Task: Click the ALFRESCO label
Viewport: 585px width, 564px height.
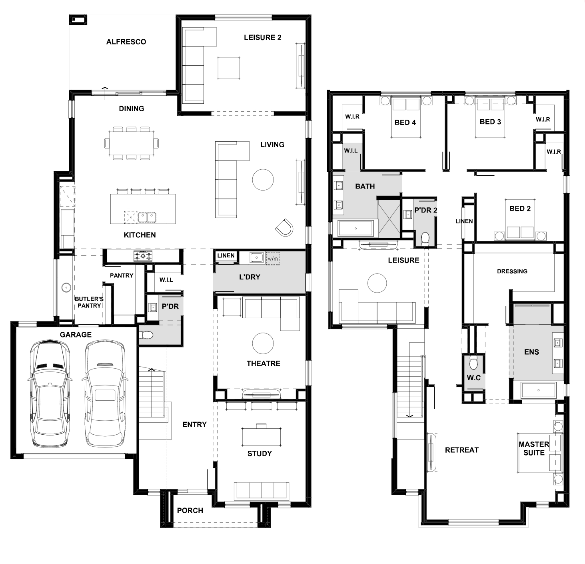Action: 126,42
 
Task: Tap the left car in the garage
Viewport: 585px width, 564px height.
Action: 50,395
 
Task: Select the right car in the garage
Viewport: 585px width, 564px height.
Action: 105,395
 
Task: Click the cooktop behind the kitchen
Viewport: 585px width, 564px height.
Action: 143,256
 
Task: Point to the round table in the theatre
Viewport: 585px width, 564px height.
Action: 263,343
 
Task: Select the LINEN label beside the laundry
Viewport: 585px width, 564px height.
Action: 226,255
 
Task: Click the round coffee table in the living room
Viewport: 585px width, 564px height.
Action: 263,180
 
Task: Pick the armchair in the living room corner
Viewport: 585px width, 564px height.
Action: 284,227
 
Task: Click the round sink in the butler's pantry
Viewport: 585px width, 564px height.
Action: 66,288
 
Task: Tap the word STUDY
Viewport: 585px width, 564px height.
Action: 260,454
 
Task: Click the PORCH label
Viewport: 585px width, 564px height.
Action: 190,510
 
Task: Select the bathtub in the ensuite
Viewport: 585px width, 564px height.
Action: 538,390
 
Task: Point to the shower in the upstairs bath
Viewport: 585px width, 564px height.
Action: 389,219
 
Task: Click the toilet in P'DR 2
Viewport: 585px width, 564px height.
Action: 425,238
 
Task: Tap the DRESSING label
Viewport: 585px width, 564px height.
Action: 512,271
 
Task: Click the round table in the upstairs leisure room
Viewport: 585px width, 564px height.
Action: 377,283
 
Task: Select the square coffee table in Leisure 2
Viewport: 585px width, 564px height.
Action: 229,68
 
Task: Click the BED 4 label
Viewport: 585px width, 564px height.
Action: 405,122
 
